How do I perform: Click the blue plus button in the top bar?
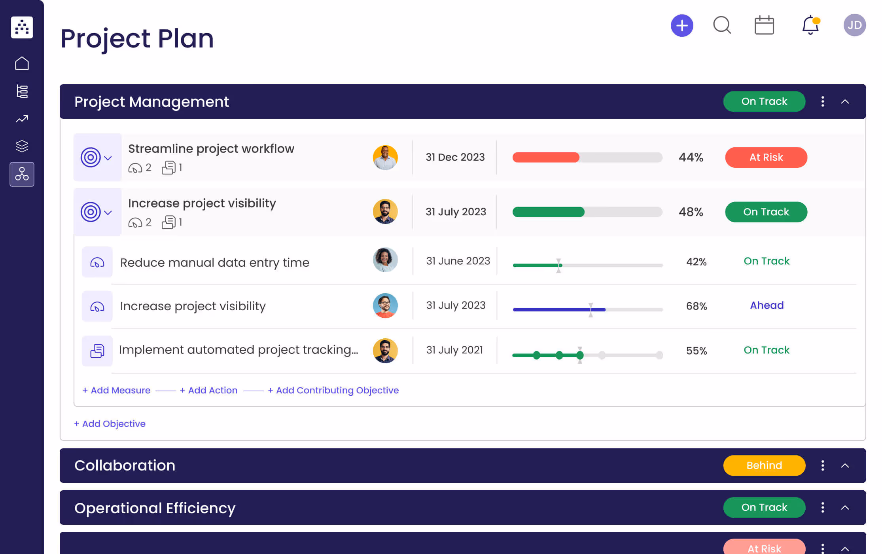(682, 26)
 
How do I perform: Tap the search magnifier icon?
(722, 25)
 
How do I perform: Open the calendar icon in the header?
(764, 26)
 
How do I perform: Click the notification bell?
(810, 25)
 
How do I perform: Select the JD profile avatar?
(854, 25)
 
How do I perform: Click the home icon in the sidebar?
(22, 63)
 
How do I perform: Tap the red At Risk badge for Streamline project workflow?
(766, 157)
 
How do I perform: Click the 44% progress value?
(691, 157)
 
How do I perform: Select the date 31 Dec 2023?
(455, 157)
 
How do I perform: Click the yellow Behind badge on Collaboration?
(764, 465)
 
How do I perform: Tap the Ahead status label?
(767, 305)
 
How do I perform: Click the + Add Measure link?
(116, 390)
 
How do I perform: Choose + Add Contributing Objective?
(333, 390)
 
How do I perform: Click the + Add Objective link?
(110, 424)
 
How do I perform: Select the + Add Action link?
(208, 390)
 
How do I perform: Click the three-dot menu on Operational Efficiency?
(823, 507)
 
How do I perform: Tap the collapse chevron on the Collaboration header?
(845, 466)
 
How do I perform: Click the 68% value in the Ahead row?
(696, 306)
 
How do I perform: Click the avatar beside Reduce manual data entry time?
(385, 260)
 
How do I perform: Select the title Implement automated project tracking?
(238, 350)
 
